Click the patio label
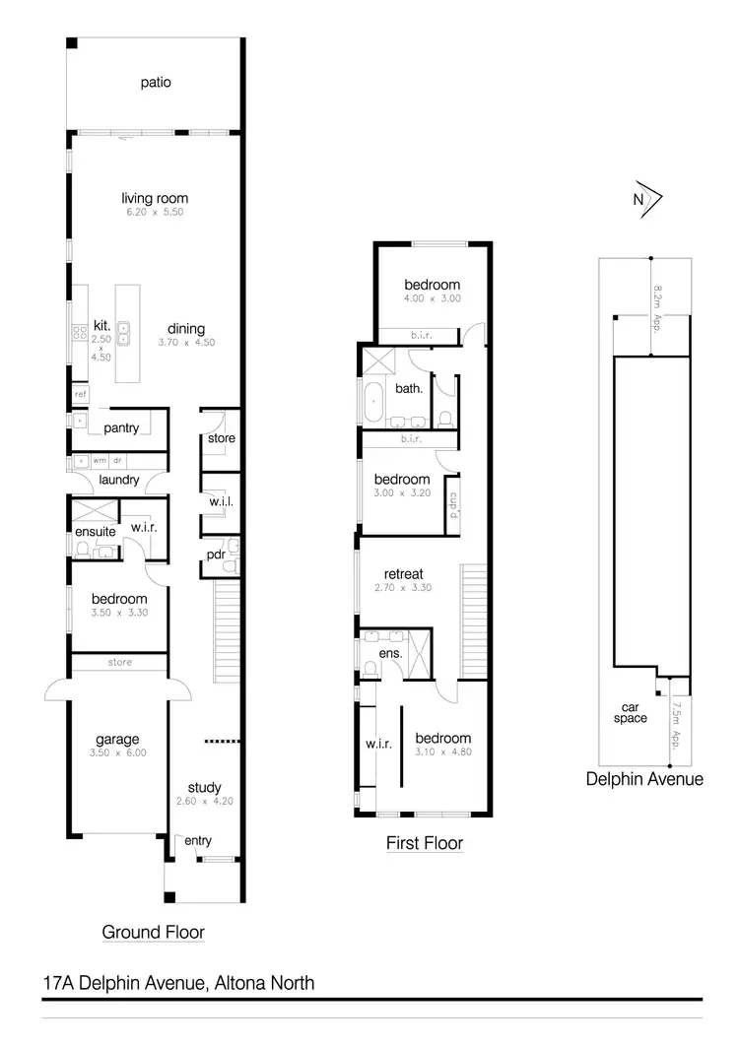tap(155, 83)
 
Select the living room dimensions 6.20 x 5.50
tap(154, 212)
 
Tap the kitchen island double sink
tap(125, 333)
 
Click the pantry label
tap(121, 427)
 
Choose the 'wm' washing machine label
tap(100, 460)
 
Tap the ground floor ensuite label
tap(96, 532)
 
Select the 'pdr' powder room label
tap(216, 555)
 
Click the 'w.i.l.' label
tap(220, 502)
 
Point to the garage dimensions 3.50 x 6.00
tap(117, 753)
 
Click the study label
tap(204, 787)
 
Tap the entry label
tap(197, 840)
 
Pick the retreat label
tap(404, 574)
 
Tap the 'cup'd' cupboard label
tap(454, 504)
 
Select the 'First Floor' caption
tap(424, 844)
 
